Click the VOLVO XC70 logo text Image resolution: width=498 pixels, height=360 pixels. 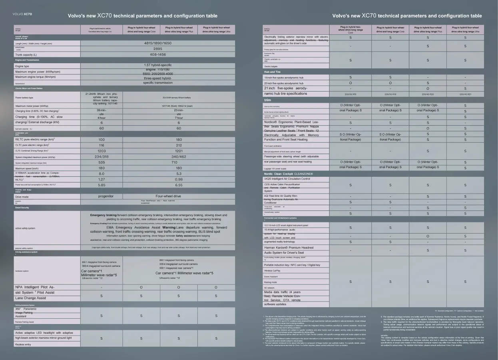pyautogui.click(x=22, y=14)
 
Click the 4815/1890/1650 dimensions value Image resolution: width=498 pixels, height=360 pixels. pyautogui.click(x=158, y=43)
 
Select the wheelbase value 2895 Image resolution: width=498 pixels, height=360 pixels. pyautogui.click(x=158, y=49)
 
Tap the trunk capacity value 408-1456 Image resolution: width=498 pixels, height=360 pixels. pyautogui.click(x=158, y=54)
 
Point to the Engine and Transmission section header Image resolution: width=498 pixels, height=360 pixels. pyautogui.click(x=27, y=60)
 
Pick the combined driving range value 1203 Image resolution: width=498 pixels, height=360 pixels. pyautogui.click(x=102, y=151)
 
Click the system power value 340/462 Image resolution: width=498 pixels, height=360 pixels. pyautogui.click(x=179, y=157)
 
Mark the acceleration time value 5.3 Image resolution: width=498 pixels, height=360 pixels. pyautogui.click(x=179, y=174)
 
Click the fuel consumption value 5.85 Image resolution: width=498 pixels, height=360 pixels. pyautogui.click(x=102, y=185)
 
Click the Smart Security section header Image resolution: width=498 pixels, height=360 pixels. pyautogui.click(x=22, y=208)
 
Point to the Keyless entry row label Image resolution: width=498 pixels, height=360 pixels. pyautogui.click(x=23, y=344)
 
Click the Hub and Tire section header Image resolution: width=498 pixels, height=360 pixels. pyautogui.click(x=272, y=72)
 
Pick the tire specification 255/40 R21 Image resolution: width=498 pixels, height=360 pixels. pyautogui.click(x=465, y=94)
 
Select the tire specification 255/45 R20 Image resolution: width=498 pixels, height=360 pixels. pyautogui.click(x=428, y=94)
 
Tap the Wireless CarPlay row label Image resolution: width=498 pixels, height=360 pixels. pyautogui.click(x=272, y=271)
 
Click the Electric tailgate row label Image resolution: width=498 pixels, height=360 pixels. pyautogui.click(x=271, y=66)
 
